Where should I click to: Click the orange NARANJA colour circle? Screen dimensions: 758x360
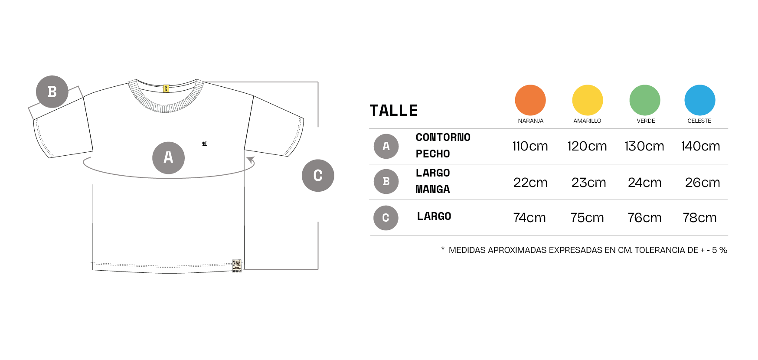pyautogui.click(x=530, y=100)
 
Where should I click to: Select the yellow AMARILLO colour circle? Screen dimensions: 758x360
pyautogui.click(x=588, y=100)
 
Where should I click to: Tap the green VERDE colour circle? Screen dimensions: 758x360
pyautogui.click(x=645, y=100)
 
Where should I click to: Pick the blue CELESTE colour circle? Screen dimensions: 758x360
pyautogui.click(x=700, y=100)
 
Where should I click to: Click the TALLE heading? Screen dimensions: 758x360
pyautogui.click(x=393, y=111)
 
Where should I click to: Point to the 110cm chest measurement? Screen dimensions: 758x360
pyautogui.click(x=530, y=146)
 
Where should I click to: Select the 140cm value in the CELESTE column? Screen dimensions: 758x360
pyautogui.click(x=700, y=146)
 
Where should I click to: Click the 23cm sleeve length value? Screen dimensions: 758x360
pyautogui.click(x=588, y=183)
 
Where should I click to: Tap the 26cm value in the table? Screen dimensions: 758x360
pyautogui.click(x=702, y=183)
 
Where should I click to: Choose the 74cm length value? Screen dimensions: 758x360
pyautogui.click(x=529, y=218)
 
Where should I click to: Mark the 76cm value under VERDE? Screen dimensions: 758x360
pyautogui.click(x=644, y=218)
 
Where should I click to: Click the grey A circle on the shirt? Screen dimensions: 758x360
pyautogui.click(x=168, y=158)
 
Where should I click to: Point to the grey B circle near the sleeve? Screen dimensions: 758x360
pyautogui.click(x=52, y=92)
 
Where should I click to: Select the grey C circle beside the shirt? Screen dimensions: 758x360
pyautogui.click(x=318, y=175)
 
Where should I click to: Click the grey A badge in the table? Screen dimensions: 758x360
pyautogui.click(x=386, y=146)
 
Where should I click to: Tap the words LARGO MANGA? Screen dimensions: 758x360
pyautogui.click(x=433, y=181)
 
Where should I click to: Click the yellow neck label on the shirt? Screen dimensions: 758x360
pyautogui.click(x=166, y=88)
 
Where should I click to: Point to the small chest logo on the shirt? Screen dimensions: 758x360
pyautogui.click(x=204, y=144)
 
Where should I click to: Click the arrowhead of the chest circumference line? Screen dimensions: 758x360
pyautogui.click(x=251, y=160)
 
